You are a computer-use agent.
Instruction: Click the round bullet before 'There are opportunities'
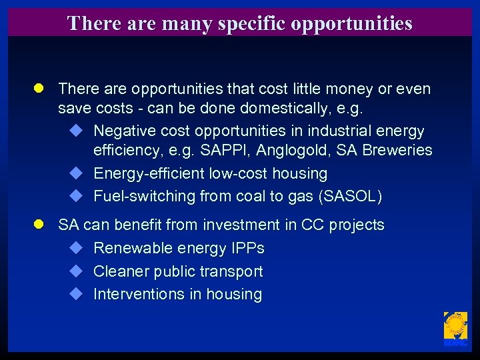coord(39,89)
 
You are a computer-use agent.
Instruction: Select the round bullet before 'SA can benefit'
coord(39,225)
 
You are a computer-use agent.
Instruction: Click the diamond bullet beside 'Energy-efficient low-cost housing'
coord(75,173)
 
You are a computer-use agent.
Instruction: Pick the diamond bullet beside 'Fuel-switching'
coord(75,196)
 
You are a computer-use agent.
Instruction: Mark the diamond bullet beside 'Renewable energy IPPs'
coord(75,248)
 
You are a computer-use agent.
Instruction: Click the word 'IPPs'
coord(248,249)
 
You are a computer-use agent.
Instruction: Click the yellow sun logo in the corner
coord(455,327)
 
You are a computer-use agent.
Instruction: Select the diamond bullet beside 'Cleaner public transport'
coord(75,271)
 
